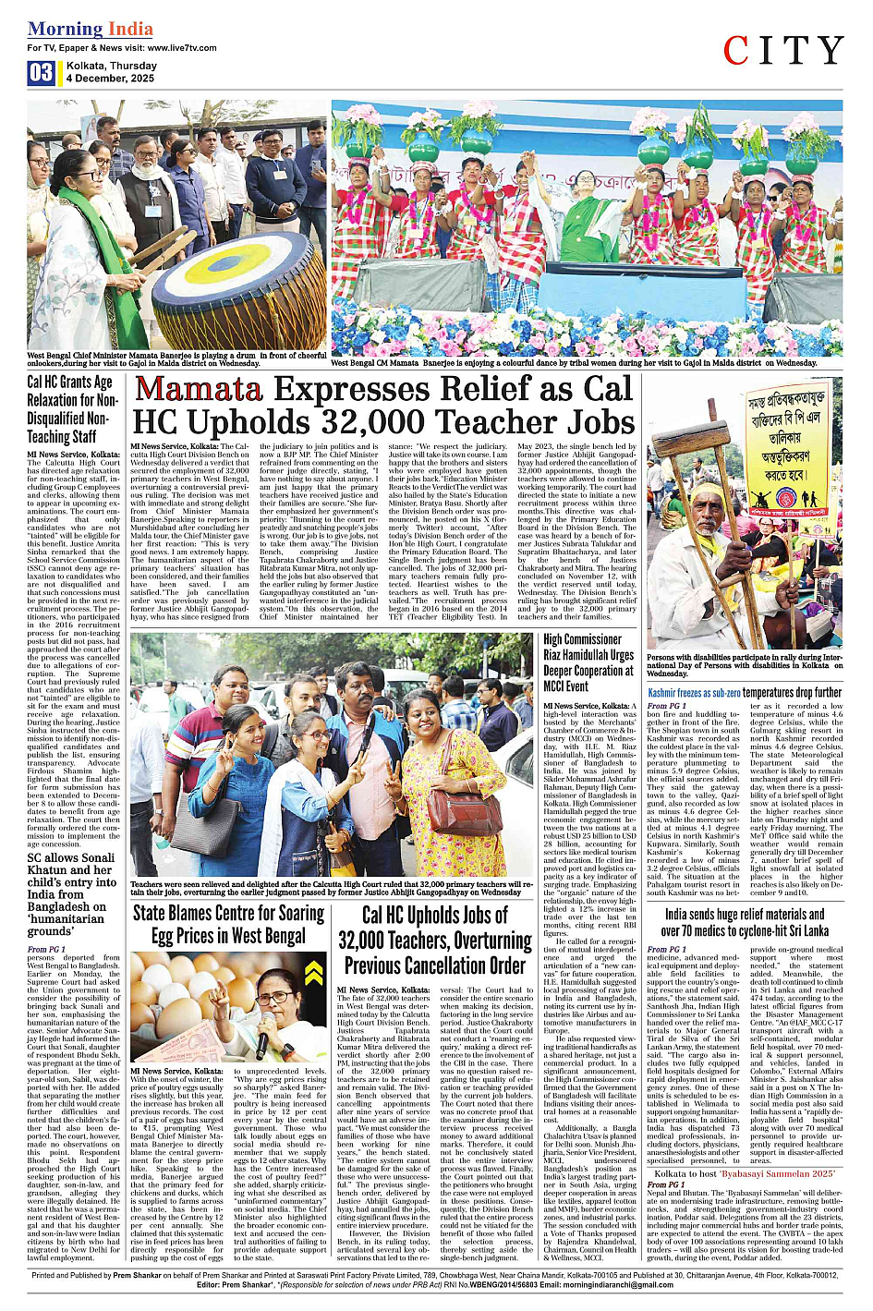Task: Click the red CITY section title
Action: pyautogui.click(x=782, y=51)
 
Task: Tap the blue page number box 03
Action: pyautogui.click(x=41, y=73)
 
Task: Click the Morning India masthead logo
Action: pyautogui.click(x=91, y=29)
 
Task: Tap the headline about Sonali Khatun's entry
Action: pyautogui.click(x=72, y=894)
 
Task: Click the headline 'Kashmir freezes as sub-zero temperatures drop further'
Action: pyautogui.click(x=745, y=692)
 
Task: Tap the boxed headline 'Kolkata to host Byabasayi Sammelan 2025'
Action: pyautogui.click(x=745, y=1171)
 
